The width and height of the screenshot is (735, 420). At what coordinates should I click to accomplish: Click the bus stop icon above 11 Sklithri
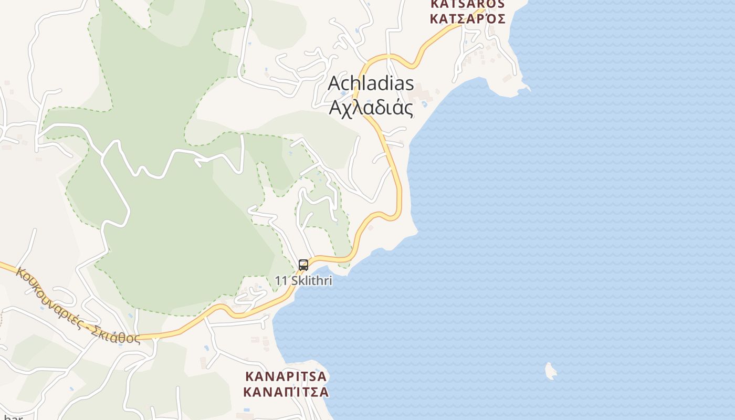[x=303, y=265]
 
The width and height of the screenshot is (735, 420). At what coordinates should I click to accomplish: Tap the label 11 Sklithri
[x=303, y=281]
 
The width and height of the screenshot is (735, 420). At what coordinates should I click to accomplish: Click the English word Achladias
[x=371, y=83]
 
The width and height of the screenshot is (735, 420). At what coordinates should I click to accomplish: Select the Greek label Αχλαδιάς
[x=371, y=108]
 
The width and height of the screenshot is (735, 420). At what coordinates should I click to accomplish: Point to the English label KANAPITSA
[x=286, y=376]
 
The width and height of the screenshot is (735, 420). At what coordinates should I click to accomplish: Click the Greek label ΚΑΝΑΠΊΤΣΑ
[x=286, y=392]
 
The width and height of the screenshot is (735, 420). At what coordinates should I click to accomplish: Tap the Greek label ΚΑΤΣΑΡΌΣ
[x=467, y=19]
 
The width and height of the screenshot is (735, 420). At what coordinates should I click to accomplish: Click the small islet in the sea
[x=550, y=371]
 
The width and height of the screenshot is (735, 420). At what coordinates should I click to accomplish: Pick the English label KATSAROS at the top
[x=467, y=4]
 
